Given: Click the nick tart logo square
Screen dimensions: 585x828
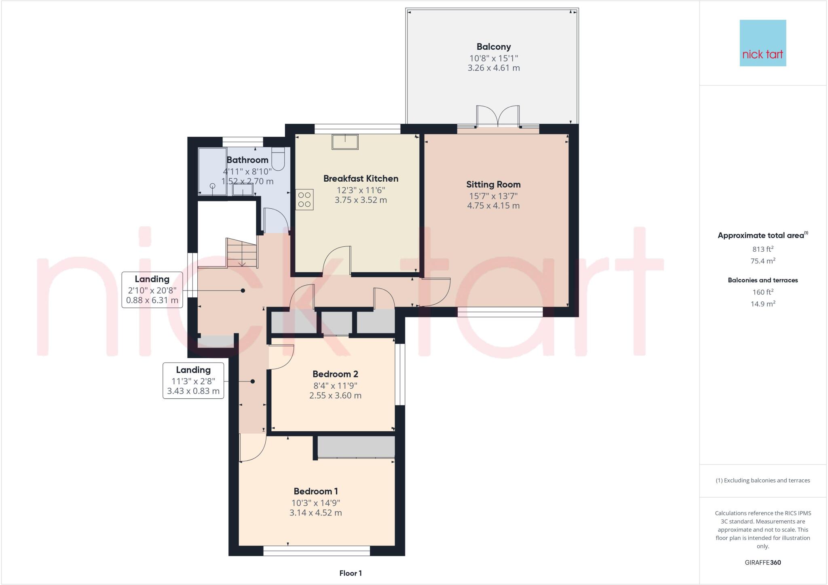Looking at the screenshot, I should click(763, 43).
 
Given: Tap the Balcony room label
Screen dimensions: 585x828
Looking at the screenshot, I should click(493, 47).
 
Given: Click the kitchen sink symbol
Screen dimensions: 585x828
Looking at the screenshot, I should click(345, 142).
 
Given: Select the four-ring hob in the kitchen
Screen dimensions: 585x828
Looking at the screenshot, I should click(304, 200).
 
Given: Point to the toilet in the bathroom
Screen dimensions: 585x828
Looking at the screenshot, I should click(279, 159).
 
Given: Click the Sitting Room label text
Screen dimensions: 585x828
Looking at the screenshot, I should click(493, 185).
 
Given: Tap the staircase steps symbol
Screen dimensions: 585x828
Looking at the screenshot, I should click(242, 253).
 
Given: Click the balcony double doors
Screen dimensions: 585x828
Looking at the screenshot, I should click(498, 117).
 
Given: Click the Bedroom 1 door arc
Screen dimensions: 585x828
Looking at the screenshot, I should click(252, 448).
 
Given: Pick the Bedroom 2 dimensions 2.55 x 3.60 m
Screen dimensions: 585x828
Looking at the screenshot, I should click(335, 396).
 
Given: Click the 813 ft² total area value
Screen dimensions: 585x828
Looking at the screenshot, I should click(763, 249).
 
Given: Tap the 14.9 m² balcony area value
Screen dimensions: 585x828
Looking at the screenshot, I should click(763, 304).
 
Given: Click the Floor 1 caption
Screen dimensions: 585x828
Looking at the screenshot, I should click(351, 573).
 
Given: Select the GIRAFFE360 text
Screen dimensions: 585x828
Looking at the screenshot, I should click(763, 562).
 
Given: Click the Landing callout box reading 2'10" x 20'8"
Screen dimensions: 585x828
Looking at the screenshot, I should click(152, 290).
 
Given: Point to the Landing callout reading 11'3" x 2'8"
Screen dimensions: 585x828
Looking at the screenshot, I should click(193, 381).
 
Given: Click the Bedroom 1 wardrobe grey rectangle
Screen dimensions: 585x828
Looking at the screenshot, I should click(356, 446).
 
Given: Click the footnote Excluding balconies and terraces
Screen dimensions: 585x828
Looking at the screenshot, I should click(763, 481).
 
